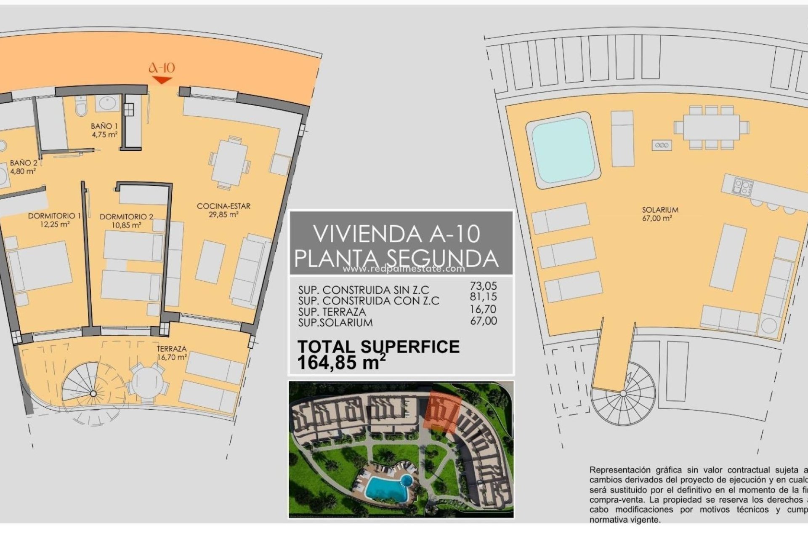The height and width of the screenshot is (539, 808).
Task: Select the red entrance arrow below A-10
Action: (162, 80)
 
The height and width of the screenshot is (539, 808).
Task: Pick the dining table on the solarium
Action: (711, 128)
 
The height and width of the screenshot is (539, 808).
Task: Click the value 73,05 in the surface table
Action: (483, 286)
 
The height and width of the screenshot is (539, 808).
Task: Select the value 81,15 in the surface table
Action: (483, 297)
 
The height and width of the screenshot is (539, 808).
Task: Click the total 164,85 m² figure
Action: (341, 362)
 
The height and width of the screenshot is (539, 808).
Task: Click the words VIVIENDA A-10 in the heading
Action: (396, 234)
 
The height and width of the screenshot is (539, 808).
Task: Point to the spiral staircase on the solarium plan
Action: (623, 393)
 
